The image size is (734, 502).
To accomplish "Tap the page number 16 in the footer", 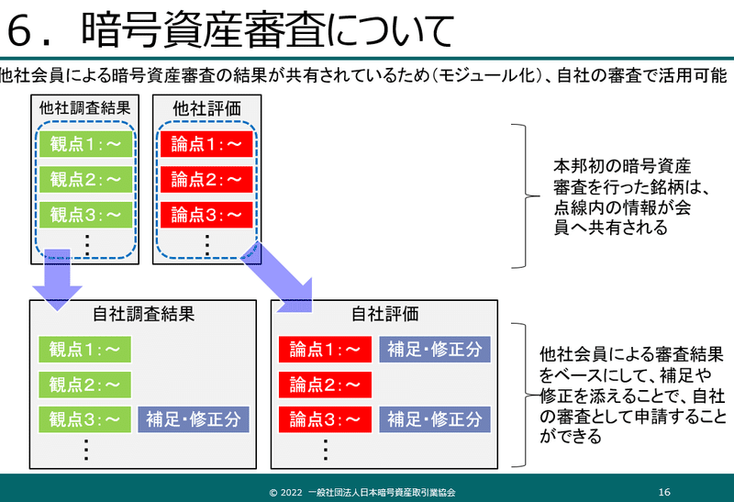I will [665, 491].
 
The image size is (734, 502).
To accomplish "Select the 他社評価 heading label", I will [206, 108].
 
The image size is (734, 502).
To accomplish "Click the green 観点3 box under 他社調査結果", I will [85, 215].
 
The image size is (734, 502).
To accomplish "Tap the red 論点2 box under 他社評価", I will [206, 179].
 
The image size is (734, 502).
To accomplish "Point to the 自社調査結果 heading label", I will [144, 314].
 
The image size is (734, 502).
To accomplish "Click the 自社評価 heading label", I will [385, 314].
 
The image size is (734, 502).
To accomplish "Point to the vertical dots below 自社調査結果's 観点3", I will [85, 450].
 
